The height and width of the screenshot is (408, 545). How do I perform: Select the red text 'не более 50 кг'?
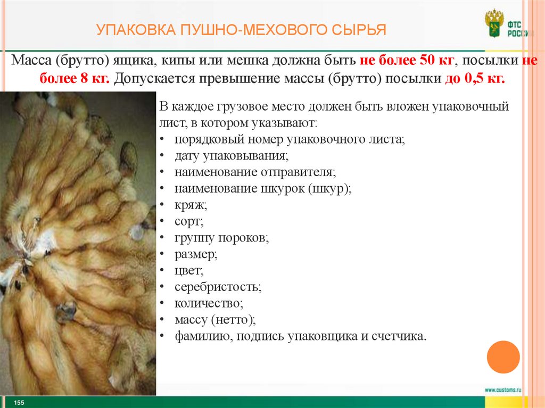tap(403, 60)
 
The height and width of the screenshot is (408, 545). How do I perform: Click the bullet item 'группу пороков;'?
tap(221, 238)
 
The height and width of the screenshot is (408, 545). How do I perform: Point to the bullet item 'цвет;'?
tap(189, 271)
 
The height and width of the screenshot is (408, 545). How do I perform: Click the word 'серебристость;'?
tap(218, 287)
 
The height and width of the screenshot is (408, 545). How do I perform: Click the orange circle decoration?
tap(503, 356)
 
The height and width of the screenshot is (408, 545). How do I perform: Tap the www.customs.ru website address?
tap(503, 389)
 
